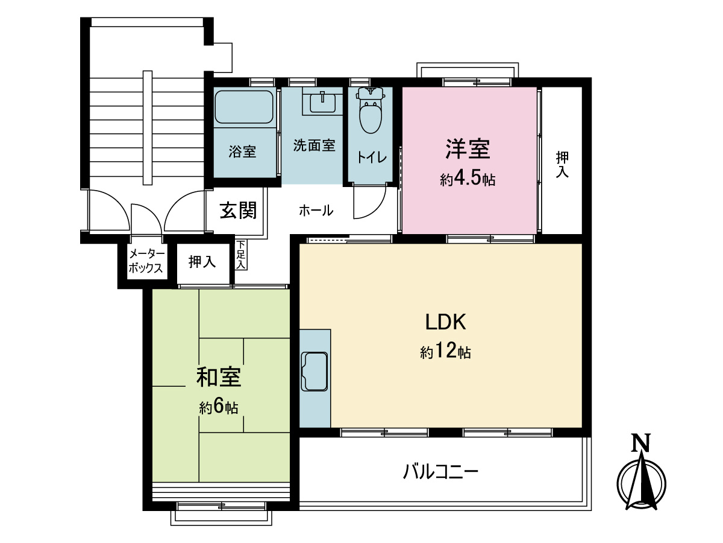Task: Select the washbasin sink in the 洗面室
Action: [323, 103]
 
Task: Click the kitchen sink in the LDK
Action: [314, 372]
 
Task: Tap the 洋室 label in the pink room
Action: [468, 148]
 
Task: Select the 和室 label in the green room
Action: [219, 377]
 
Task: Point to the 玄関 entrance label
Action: [238, 210]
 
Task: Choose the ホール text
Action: [316, 211]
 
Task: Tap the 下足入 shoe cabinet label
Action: [241, 255]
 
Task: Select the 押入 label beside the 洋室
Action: [562, 164]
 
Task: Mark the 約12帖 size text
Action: [445, 352]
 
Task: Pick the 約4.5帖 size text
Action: [468, 179]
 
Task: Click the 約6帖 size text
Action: [219, 408]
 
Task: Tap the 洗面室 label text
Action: [314, 145]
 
